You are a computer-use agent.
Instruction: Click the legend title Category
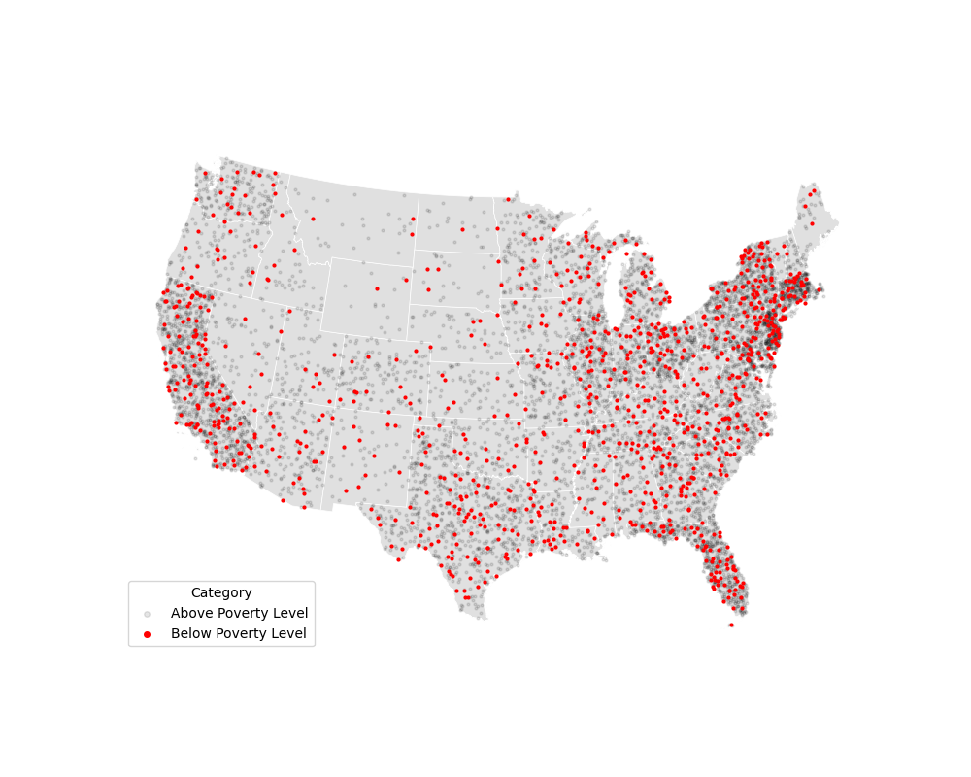pyautogui.click(x=221, y=592)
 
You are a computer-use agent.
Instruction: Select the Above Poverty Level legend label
pyautogui.click(x=239, y=613)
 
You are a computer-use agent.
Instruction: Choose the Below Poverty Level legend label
pyautogui.click(x=238, y=634)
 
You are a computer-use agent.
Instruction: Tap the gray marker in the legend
pyautogui.click(x=147, y=614)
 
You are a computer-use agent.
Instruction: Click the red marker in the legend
pyautogui.click(x=147, y=634)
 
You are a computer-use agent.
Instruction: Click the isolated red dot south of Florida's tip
pyautogui.click(x=731, y=625)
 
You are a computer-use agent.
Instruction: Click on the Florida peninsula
pyautogui.click(x=723, y=568)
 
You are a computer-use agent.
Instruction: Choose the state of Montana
pyautogui.click(x=354, y=219)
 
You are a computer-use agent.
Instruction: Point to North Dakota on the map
pyautogui.click(x=456, y=221)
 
